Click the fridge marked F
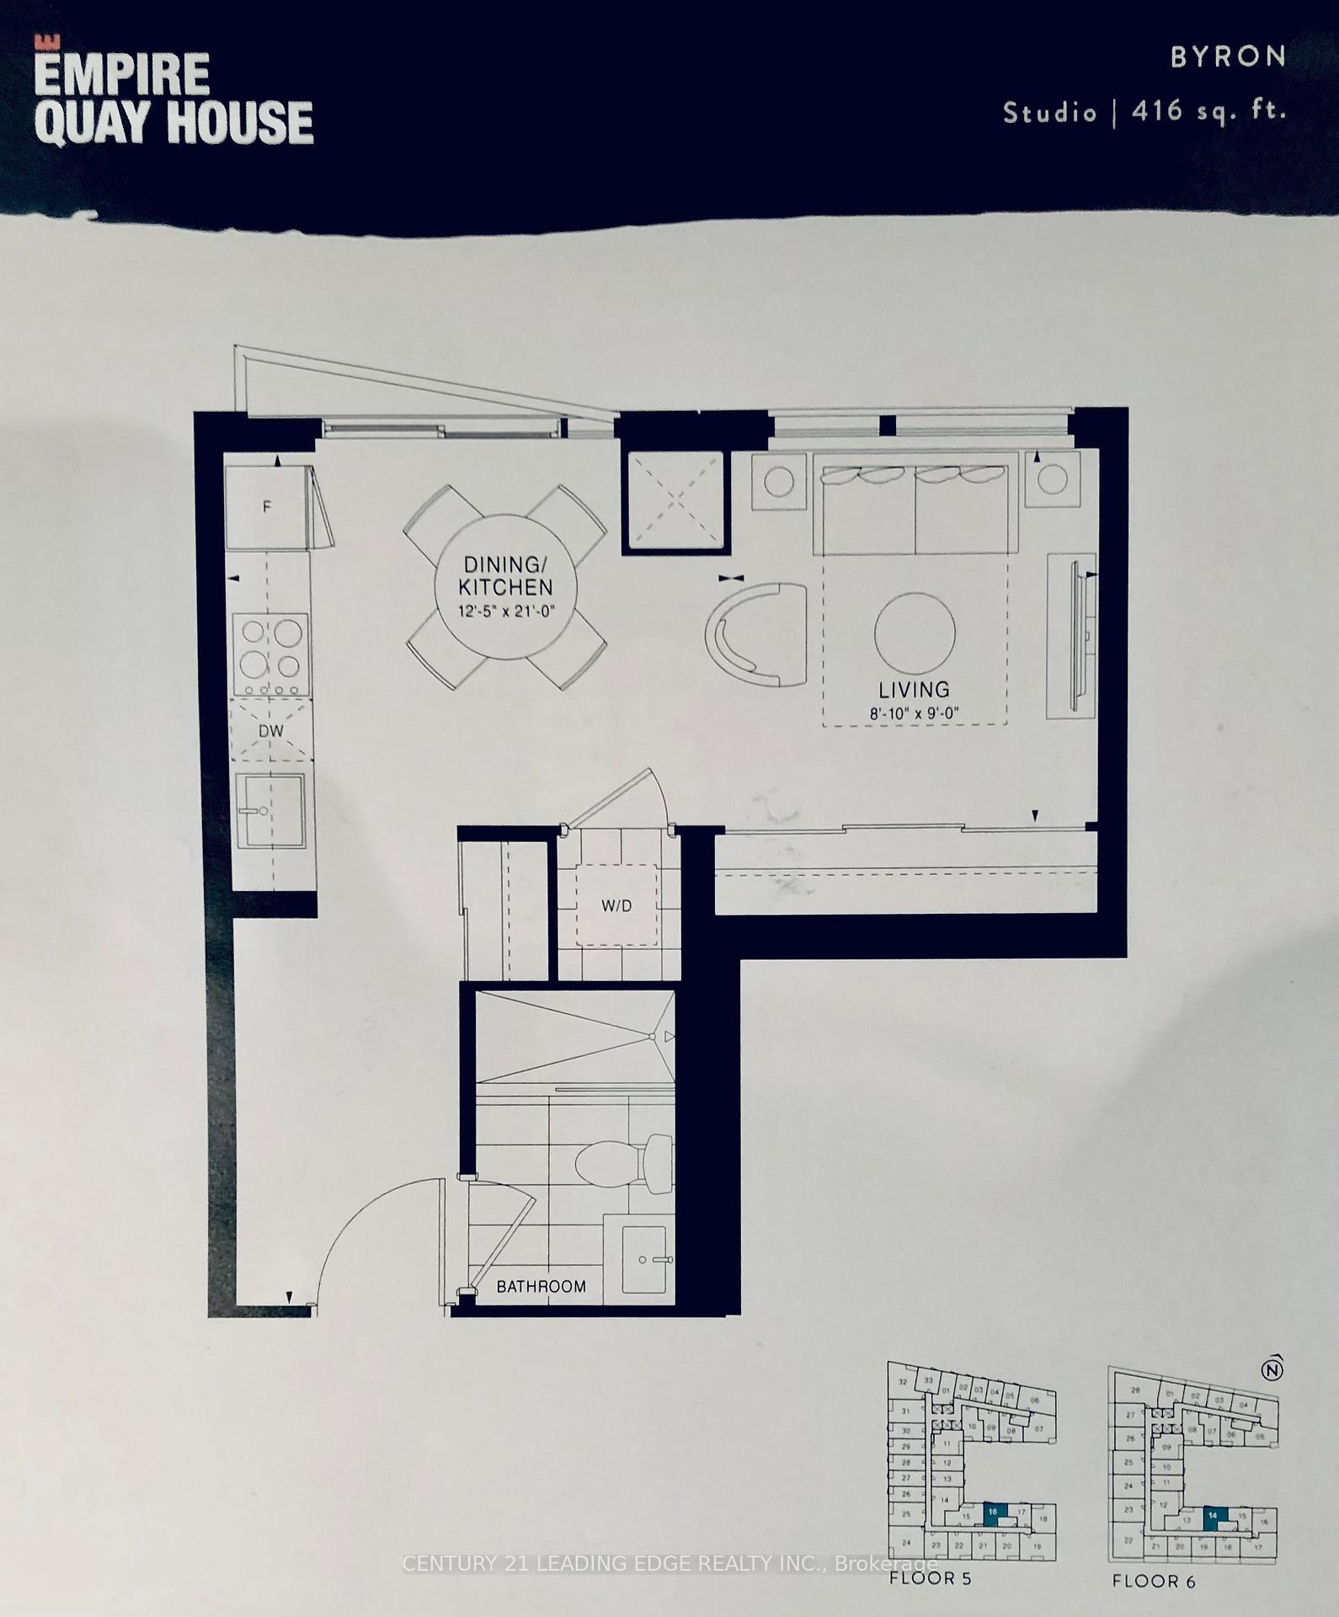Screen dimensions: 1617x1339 pyautogui.click(x=267, y=507)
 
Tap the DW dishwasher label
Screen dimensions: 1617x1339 pyautogui.click(x=271, y=731)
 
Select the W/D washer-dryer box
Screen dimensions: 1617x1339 pyautogui.click(x=616, y=906)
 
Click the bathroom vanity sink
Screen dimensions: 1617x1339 pyautogui.click(x=644, y=1259)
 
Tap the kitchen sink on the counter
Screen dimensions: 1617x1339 pyautogui.click(x=268, y=811)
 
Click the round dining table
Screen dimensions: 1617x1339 pyautogui.click(x=505, y=587)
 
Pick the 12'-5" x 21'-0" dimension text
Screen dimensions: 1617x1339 pyautogui.click(x=506, y=611)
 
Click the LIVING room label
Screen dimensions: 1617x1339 pyautogui.click(x=914, y=691)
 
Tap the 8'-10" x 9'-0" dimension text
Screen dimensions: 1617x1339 pyautogui.click(x=915, y=714)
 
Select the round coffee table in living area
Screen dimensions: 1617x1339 pyautogui.click(x=915, y=632)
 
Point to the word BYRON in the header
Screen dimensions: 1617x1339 pyautogui.click(x=1228, y=56)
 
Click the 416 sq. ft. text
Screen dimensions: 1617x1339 pyautogui.click(x=1208, y=111)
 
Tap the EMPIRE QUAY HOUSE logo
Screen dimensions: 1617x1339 pyautogui.click(x=173, y=99)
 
